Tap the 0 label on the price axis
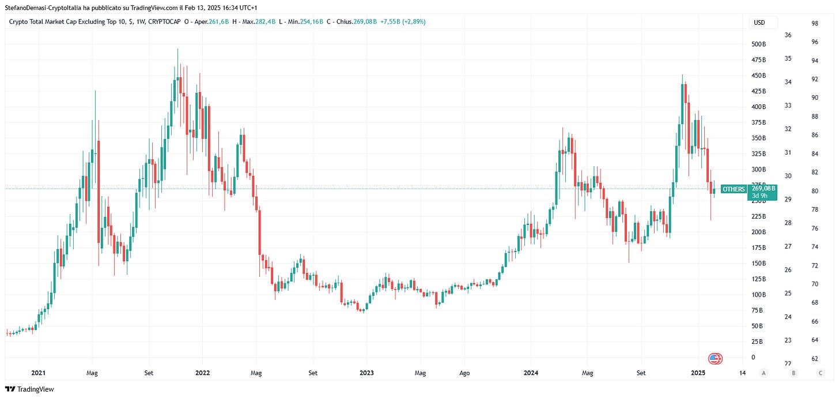point(753,358)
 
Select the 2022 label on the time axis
point(203,373)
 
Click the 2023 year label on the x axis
point(366,373)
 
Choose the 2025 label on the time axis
point(698,373)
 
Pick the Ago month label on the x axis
point(464,373)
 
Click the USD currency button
point(759,23)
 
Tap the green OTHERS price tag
point(734,189)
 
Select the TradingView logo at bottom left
point(29,389)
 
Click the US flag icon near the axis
point(715,359)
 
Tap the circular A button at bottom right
point(764,373)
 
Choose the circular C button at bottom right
point(820,373)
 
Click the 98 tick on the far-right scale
point(815,24)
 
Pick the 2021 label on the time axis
point(39,373)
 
